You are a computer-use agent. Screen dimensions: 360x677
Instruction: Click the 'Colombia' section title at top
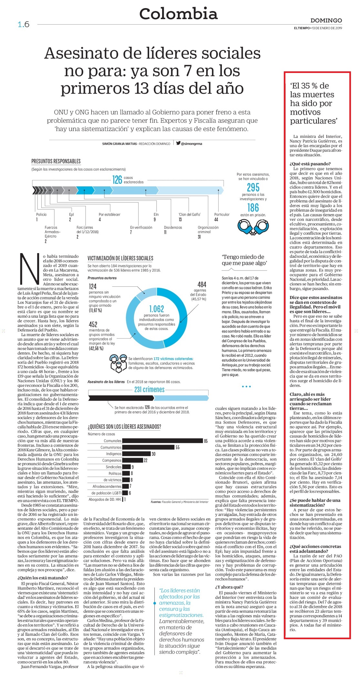tap(178, 14)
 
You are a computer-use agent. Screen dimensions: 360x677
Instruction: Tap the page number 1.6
tap(24, 25)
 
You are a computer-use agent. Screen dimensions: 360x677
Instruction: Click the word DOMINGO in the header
tap(326, 20)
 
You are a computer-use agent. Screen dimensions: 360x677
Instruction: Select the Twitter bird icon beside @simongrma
tap(178, 143)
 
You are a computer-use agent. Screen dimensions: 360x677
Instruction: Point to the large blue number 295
tap(253, 187)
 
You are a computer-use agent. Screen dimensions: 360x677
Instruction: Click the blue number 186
tap(253, 207)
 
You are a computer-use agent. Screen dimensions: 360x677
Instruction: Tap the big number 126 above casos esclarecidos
tap(117, 180)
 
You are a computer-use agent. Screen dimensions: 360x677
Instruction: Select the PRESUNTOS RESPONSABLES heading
tap(56, 161)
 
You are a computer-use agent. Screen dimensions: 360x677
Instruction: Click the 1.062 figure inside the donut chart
tap(157, 309)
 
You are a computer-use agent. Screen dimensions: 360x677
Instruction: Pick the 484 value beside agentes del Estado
tap(202, 284)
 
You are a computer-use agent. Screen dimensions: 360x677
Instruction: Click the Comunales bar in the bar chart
tap(162, 441)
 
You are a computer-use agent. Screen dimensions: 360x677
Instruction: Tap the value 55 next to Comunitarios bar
tap(178, 447)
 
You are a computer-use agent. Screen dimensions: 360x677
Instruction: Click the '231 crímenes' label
tap(149, 389)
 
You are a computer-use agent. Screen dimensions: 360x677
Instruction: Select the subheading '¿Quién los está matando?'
tap(43, 578)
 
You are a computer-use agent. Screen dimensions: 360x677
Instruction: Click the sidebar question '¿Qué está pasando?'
tap(310, 164)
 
